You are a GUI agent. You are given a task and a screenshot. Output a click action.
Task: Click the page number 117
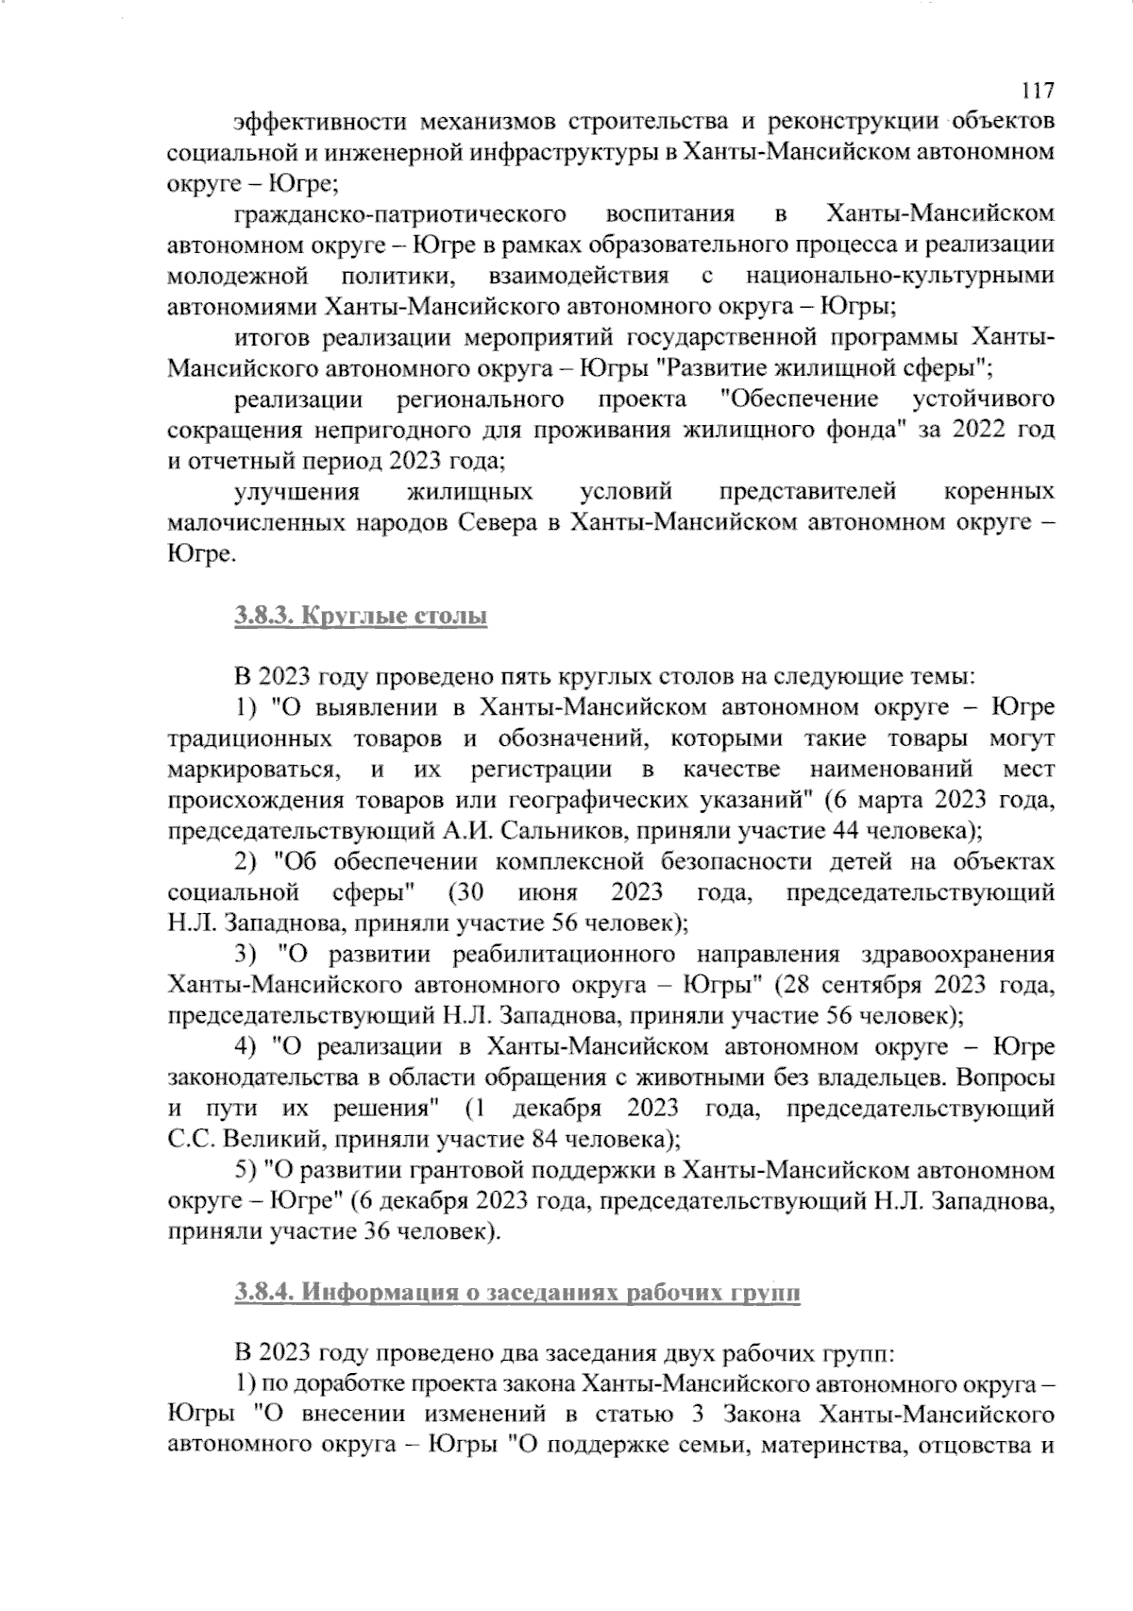click(1037, 91)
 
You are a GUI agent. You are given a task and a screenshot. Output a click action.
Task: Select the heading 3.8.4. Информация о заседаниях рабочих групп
click(516, 1292)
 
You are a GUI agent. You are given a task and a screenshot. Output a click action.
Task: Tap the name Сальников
click(556, 831)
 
